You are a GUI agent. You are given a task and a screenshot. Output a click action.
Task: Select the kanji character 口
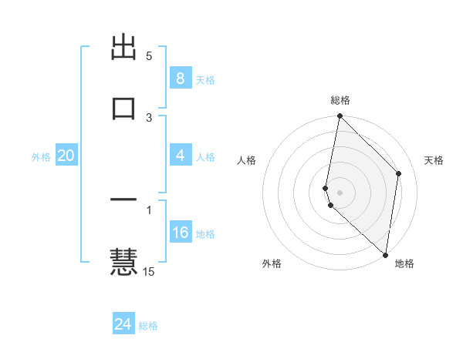pyautogui.click(x=124, y=106)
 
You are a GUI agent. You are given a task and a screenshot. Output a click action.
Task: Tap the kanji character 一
pyautogui.click(x=124, y=199)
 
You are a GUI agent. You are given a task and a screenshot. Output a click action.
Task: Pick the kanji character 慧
pyautogui.click(x=124, y=260)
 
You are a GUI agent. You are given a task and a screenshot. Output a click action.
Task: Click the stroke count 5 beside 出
pyautogui.click(x=149, y=56)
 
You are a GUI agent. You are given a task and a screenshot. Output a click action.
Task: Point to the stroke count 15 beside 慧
pyautogui.click(x=149, y=271)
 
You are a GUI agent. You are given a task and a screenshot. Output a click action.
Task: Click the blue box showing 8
pyautogui.click(x=180, y=79)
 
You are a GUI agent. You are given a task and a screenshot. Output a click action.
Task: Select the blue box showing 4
pyautogui.click(x=180, y=156)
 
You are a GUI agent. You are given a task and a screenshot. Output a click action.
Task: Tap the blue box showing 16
pyautogui.click(x=180, y=233)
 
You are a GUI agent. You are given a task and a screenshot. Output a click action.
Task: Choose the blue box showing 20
pyautogui.click(x=66, y=156)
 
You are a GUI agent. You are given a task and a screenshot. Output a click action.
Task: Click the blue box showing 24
pyautogui.click(x=123, y=324)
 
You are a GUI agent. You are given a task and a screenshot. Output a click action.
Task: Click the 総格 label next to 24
pyautogui.click(x=148, y=326)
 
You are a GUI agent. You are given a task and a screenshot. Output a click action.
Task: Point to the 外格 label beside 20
pyautogui.click(x=41, y=157)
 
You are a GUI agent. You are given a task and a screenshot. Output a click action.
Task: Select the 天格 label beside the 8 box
pyautogui.click(x=205, y=80)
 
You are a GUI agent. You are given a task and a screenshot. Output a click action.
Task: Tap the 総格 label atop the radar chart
pyautogui.click(x=340, y=101)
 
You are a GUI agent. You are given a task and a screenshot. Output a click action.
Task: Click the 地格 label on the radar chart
pyautogui.click(x=404, y=264)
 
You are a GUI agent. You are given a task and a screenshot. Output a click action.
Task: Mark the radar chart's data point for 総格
pyautogui.click(x=340, y=116)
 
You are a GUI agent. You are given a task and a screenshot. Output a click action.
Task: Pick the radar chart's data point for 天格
pyautogui.click(x=399, y=173)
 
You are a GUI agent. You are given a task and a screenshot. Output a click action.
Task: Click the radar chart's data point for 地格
pyautogui.click(x=385, y=255)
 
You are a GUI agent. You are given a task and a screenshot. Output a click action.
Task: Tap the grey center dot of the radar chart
pyautogui.click(x=340, y=192)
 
